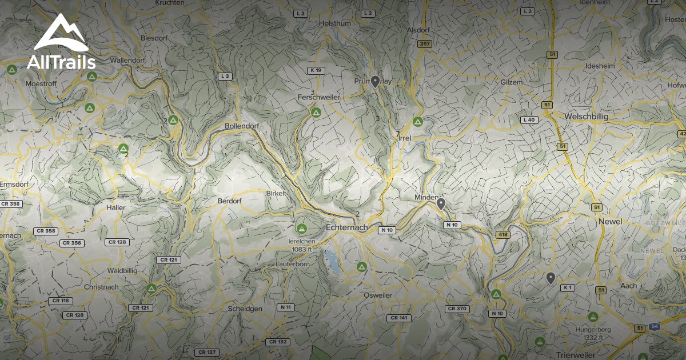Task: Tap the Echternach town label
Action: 346,227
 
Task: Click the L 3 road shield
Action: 225,76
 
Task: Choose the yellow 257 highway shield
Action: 424,43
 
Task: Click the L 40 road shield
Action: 529,120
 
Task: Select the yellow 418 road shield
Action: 503,234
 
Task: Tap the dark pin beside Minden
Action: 441,203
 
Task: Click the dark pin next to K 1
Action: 551,278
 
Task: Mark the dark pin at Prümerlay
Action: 375,82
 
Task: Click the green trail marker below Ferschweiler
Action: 316,113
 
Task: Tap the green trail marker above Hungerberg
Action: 593,316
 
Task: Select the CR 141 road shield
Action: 399,318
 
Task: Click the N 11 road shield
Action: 286,307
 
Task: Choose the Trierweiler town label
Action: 581,355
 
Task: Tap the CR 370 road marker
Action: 457,309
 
